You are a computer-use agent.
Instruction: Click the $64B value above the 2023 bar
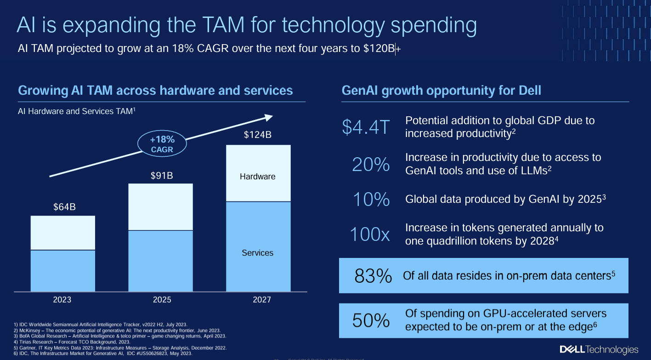click(63, 207)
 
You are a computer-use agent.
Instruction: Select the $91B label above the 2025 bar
click(162, 176)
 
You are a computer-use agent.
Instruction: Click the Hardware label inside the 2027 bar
click(258, 177)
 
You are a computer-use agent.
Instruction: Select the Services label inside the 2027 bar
click(258, 253)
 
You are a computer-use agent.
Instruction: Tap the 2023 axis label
click(62, 300)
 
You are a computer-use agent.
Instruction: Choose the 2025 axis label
click(162, 300)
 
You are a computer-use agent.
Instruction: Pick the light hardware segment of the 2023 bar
click(63, 233)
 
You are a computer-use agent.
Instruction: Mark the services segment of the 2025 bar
click(160, 260)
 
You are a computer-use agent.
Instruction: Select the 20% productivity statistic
click(371, 164)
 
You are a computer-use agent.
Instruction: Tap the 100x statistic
click(370, 234)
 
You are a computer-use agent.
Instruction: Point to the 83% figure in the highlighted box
click(373, 276)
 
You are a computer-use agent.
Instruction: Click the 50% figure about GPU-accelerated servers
click(371, 320)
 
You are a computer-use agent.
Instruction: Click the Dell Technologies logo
click(599, 350)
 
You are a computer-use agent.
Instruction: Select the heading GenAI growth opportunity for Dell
click(441, 91)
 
